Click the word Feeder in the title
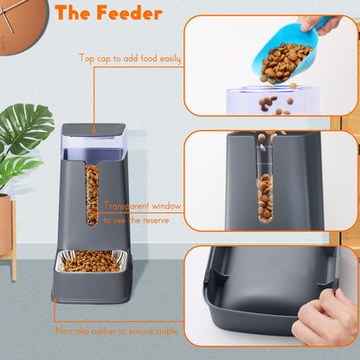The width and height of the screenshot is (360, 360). click(130, 13)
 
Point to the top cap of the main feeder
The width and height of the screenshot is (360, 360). click(93, 130)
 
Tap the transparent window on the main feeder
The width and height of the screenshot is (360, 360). click(93, 195)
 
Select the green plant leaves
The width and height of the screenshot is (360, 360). click(22, 138)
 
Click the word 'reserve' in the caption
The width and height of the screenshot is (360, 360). click(159, 221)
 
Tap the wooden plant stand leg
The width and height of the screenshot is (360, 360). click(14, 260)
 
